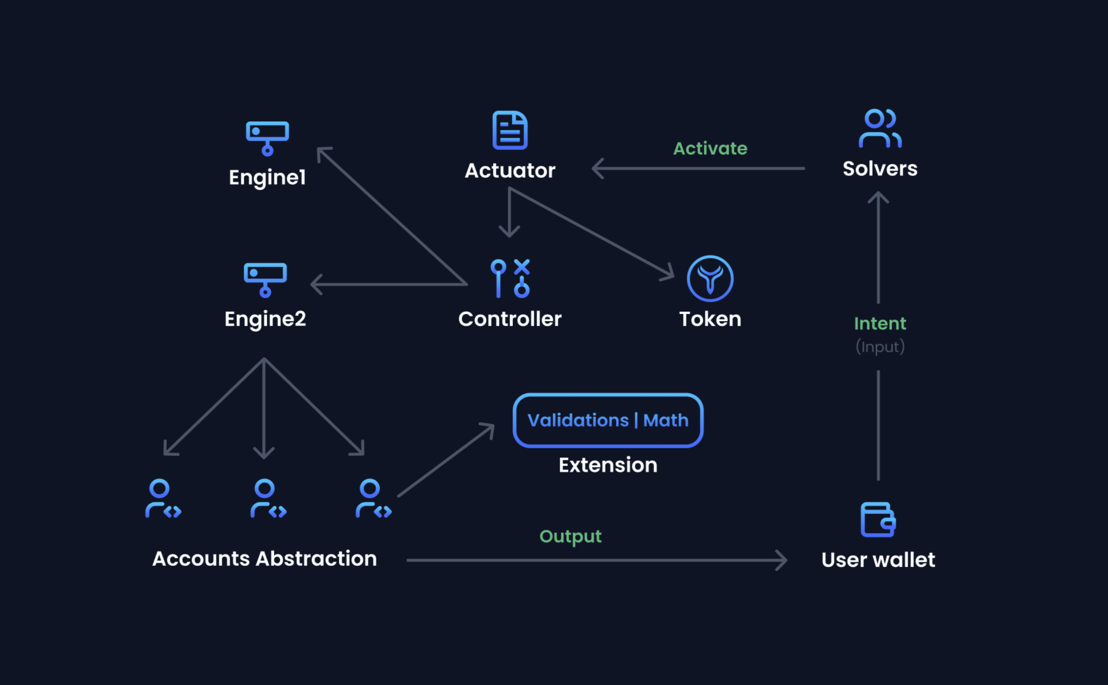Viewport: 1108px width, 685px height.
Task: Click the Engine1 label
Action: (267, 177)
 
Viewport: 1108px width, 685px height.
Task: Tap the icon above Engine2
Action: (265, 279)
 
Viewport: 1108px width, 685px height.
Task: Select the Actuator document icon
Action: (510, 130)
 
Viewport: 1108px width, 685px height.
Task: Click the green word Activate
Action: (710, 148)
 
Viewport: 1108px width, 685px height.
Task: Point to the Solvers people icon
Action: (880, 129)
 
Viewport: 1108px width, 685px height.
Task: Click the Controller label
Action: (510, 319)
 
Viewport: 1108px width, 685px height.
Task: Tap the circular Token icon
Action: (710, 278)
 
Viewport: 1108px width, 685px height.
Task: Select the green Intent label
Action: (880, 324)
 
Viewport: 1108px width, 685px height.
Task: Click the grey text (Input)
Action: (880, 346)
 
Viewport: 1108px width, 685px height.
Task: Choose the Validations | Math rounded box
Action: (608, 420)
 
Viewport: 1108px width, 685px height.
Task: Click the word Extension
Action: (608, 465)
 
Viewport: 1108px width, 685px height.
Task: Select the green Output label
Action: (570, 537)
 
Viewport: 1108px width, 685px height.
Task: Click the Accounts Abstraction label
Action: (265, 558)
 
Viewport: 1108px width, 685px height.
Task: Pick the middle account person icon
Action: (267, 498)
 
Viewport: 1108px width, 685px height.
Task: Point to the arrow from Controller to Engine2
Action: (389, 284)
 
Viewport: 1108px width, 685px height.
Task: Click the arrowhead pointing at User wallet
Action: (782, 560)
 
